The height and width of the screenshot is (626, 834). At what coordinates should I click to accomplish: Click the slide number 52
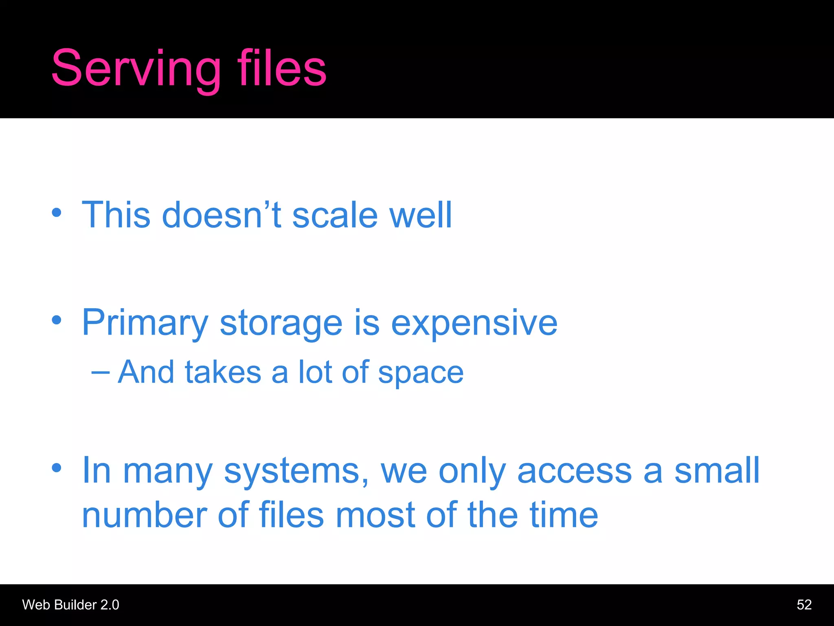point(804,605)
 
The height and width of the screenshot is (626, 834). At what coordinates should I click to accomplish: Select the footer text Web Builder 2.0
point(70,605)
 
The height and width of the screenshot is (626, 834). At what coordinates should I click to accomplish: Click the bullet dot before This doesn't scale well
point(57,212)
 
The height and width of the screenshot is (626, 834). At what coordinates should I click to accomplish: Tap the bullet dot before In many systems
point(57,467)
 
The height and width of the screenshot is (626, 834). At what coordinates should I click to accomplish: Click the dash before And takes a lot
point(100,372)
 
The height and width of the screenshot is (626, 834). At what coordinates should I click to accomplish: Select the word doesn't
point(222,214)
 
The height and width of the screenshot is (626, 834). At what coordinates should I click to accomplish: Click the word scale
point(335,215)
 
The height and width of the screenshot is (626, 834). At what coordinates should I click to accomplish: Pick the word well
point(421,214)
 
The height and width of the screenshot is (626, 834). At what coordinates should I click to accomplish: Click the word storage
point(281,324)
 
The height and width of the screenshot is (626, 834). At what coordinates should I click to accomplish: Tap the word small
point(717,470)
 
